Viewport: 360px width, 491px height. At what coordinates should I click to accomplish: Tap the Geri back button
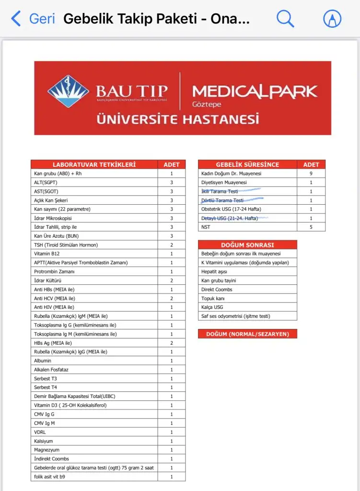[33, 19]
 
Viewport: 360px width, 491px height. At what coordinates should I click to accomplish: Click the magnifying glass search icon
[285, 19]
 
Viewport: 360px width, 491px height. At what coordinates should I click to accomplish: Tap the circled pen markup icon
[332, 19]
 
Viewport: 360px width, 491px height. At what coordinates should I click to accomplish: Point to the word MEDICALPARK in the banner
[254, 91]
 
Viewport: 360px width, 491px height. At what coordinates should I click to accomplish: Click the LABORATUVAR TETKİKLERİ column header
[94, 164]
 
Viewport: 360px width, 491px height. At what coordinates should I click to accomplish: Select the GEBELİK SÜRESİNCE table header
[247, 164]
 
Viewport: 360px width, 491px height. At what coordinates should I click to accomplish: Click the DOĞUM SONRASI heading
[247, 245]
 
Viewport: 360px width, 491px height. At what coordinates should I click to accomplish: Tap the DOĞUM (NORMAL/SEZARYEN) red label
[247, 334]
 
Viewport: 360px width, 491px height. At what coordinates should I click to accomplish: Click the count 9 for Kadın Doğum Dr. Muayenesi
[311, 174]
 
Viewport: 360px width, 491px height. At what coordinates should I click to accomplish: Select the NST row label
[206, 227]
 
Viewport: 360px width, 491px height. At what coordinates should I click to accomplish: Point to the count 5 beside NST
[311, 227]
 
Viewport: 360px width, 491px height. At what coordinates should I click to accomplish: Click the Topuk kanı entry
[213, 298]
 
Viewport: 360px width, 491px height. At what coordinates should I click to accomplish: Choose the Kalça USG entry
[212, 307]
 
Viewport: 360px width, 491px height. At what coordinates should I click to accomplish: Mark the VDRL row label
[40, 432]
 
